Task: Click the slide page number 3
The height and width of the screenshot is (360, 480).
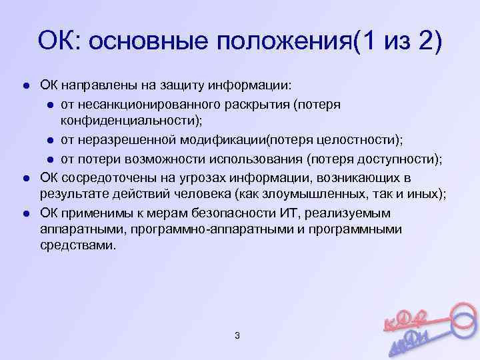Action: [237, 335]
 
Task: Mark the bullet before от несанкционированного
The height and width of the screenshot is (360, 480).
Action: [50, 105]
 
